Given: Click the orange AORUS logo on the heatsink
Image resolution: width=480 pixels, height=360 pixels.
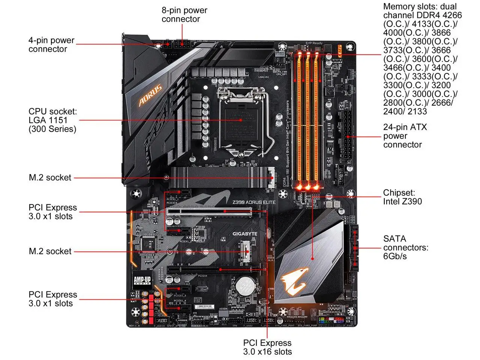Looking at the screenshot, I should [x=150, y=95].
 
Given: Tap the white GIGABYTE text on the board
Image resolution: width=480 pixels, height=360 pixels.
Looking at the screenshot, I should [x=245, y=234].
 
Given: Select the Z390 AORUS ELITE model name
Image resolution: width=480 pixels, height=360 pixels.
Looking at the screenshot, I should [x=254, y=202].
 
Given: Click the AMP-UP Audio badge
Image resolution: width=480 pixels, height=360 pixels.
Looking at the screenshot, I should [x=142, y=280].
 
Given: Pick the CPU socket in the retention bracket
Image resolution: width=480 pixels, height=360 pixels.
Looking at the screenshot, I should [x=241, y=120].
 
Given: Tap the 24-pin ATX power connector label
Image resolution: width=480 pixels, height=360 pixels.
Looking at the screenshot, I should [x=404, y=136].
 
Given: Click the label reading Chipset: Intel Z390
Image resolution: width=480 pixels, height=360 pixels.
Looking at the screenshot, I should [x=402, y=197].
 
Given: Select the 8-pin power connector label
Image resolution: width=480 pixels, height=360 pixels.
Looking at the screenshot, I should [x=184, y=15].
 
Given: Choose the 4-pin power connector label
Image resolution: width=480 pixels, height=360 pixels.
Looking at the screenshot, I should [x=51, y=45].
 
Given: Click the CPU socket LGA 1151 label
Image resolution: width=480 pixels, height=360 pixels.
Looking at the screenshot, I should [x=53, y=120].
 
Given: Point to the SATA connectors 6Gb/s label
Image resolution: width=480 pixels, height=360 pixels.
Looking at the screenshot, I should [x=405, y=247].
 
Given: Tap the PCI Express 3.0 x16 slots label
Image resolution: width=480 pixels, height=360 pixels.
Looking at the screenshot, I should [x=267, y=347].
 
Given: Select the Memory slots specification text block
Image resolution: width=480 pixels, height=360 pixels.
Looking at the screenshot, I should [x=422, y=59].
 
